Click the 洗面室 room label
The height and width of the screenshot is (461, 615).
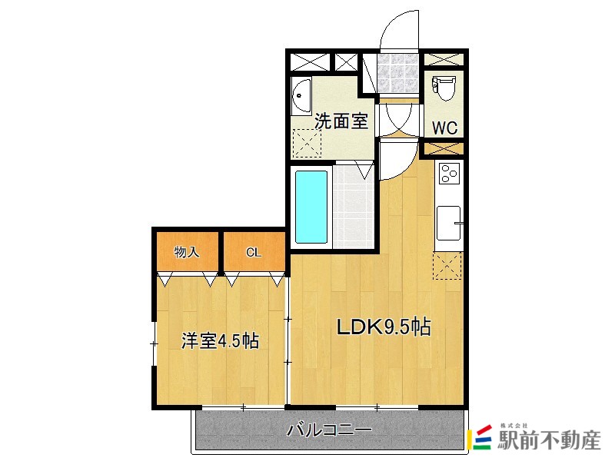pyautogui.click(x=341, y=121)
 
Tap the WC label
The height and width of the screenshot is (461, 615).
pyautogui.click(x=444, y=128)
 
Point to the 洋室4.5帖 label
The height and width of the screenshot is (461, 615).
pyautogui.click(x=220, y=340)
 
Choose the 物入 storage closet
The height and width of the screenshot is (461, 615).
pyautogui.click(x=187, y=251)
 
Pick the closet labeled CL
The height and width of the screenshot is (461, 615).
pyautogui.click(x=253, y=251)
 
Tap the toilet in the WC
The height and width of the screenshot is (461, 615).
pyautogui.click(x=444, y=90)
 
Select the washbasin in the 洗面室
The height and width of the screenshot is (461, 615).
pyautogui.click(x=301, y=95)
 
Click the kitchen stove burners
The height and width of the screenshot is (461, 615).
pyautogui.click(x=447, y=174)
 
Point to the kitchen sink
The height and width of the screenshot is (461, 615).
pyautogui.click(x=447, y=223)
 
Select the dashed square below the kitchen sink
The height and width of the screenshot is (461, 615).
pyautogui.click(x=447, y=266)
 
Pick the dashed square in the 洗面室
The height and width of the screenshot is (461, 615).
pyautogui.click(x=307, y=143)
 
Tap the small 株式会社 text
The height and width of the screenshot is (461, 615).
pyautogui.click(x=514, y=426)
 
